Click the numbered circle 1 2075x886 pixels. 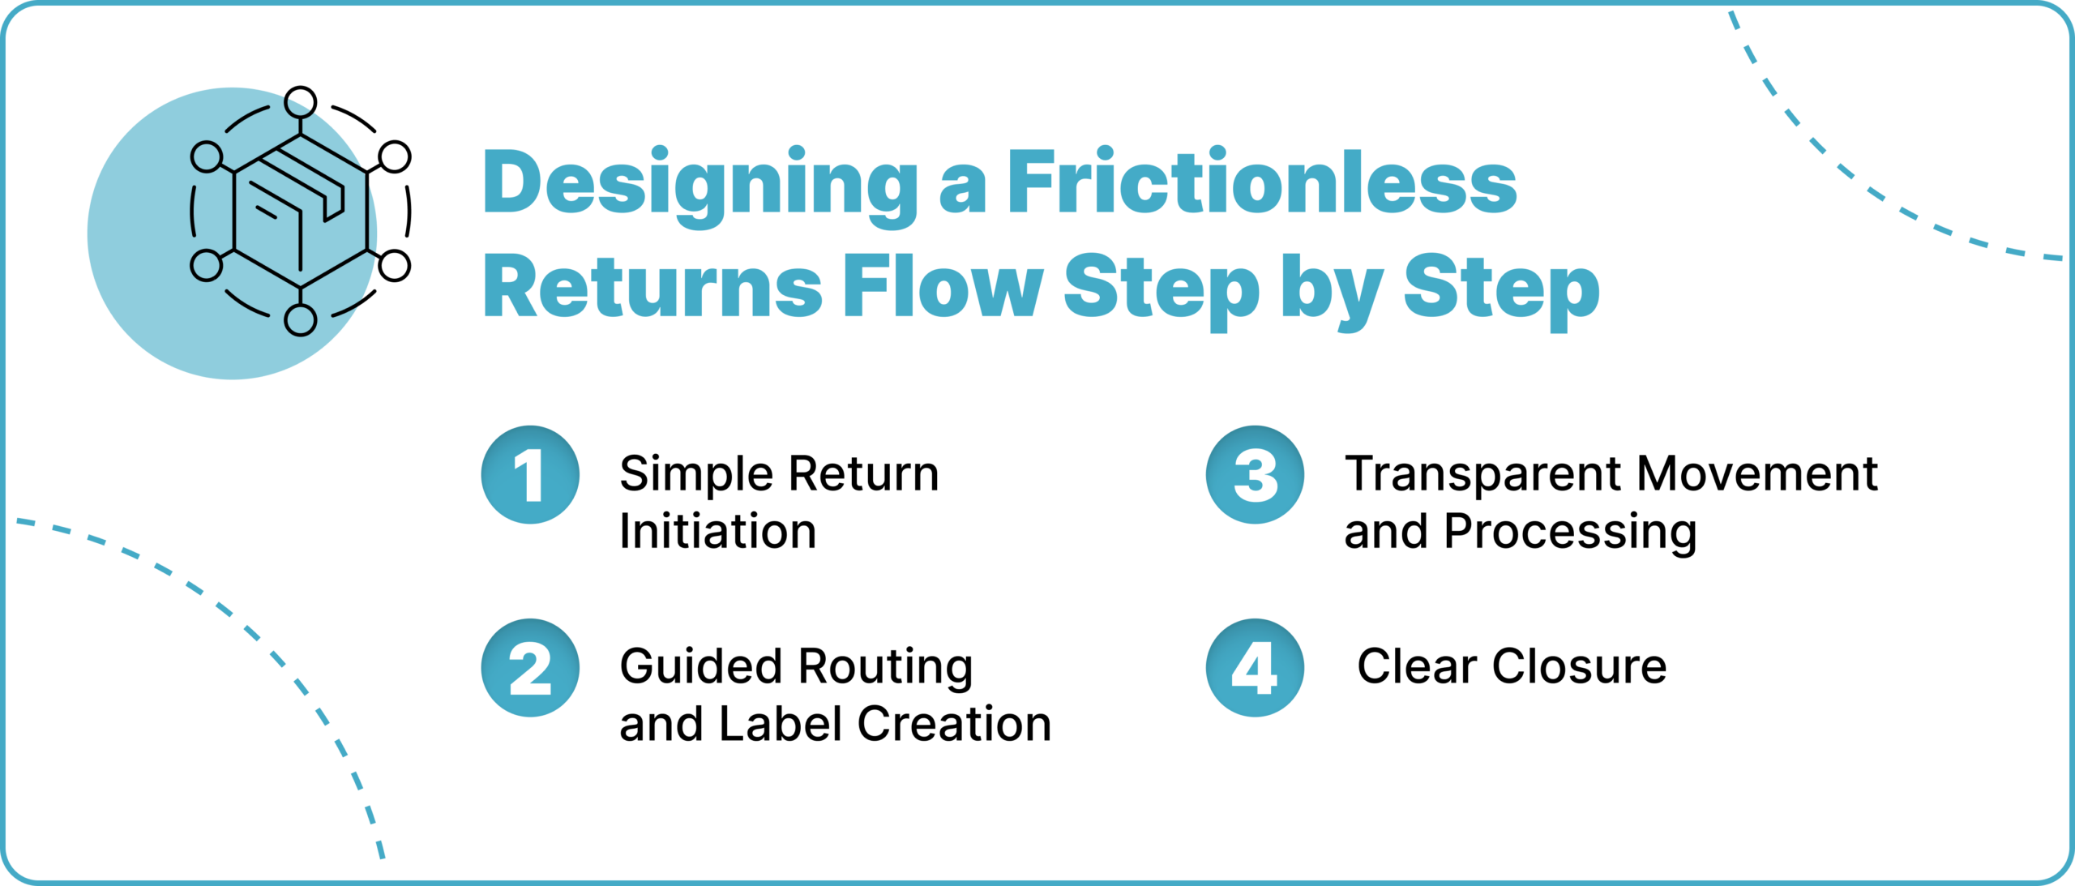click(x=530, y=475)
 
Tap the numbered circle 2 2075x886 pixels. click(x=530, y=668)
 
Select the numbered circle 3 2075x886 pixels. click(x=1255, y=475)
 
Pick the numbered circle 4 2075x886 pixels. click(x=1255, y=668)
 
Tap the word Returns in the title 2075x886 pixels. click(x=652, y=287)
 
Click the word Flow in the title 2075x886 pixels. click(x=942, y=287)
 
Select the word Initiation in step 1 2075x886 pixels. click(x=717, y=532)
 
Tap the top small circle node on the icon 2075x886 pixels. click(x=301, y=102)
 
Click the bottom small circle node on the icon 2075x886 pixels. click(x=301, y=320)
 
